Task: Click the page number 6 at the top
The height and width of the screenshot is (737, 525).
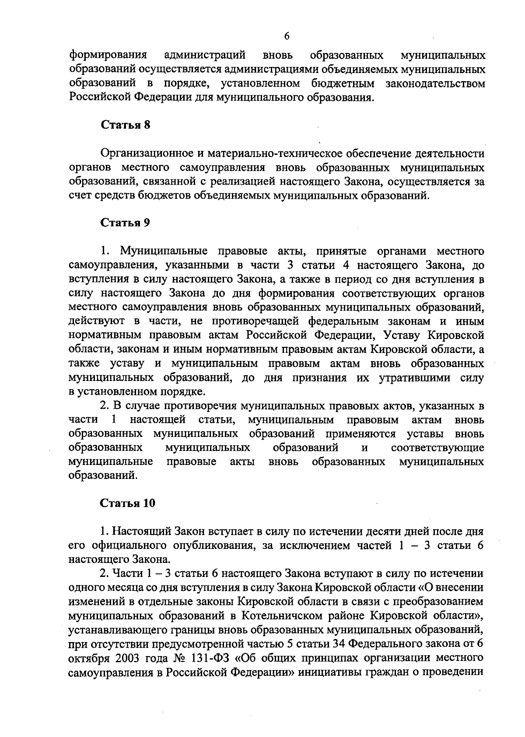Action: [287, 36]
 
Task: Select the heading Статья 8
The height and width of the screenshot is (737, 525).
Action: [126, 125]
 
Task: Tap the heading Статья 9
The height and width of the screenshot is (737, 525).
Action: [126, 223]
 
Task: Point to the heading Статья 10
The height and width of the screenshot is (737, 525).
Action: [128, 503]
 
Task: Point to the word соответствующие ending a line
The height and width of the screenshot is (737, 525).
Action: [437, 448]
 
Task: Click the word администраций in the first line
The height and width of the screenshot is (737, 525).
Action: [204, 55]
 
